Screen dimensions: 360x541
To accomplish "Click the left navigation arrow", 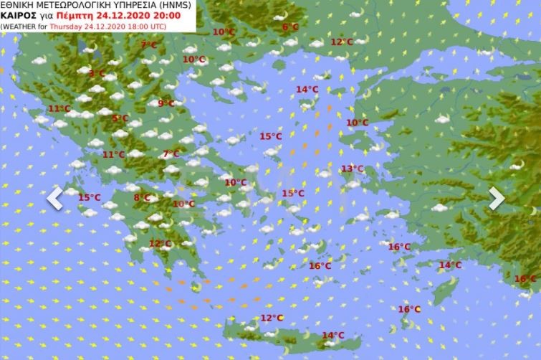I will coord(54,199).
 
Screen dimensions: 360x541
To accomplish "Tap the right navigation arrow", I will coord(497,199).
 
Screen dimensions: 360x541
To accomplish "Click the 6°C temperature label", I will coord(290,27).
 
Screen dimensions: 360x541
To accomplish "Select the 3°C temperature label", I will coord(96,73).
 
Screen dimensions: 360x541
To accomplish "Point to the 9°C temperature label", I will coord(166,104).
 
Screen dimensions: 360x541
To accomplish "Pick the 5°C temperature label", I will coord(120,118).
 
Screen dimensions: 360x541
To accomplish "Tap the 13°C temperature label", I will coord(352,169).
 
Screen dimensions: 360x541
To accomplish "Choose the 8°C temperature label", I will coord(142,198).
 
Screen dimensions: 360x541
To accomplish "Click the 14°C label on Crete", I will coord(332,336).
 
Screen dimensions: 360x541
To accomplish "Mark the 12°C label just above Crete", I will coord(272,318).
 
